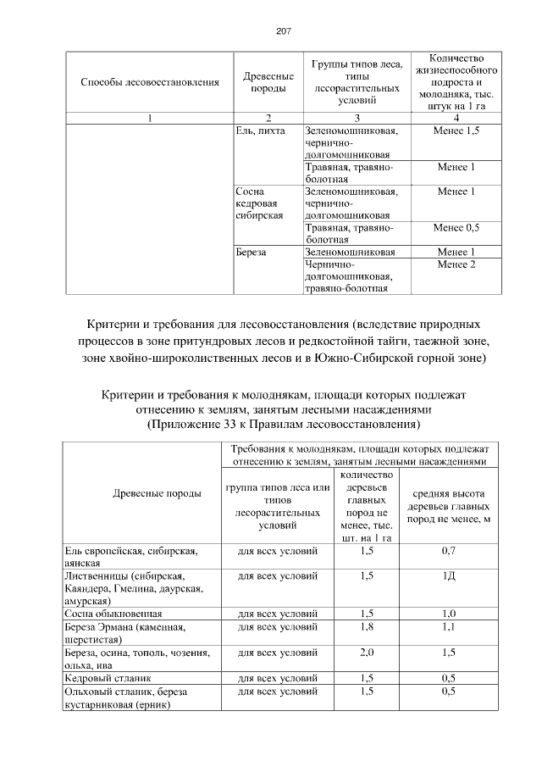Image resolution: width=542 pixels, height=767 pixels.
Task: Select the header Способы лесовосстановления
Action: (150, 82)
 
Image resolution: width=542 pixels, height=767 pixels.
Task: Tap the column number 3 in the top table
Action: (356, 118)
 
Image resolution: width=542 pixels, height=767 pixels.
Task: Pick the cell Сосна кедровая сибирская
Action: (263, 203)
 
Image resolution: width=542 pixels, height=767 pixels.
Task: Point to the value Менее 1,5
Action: (456, 131)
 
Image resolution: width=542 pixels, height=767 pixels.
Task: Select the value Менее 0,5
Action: (456, 228)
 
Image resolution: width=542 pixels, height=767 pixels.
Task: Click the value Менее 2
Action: (456, 264)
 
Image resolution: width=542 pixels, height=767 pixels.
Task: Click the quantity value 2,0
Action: (367, 653)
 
